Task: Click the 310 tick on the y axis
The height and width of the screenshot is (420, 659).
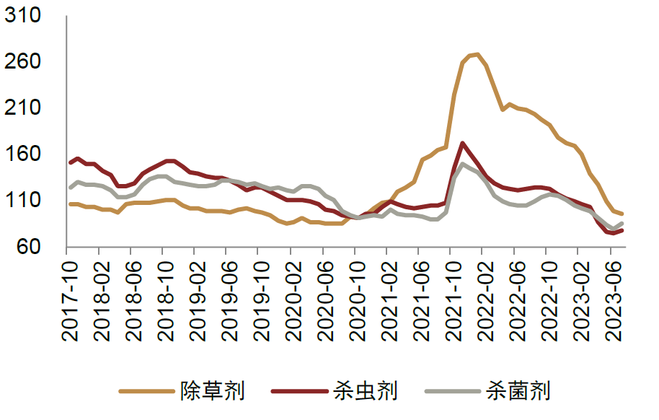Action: [26, 16]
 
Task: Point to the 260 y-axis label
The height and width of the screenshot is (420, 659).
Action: [26, 62]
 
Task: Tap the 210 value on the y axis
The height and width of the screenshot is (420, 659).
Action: [26, 108]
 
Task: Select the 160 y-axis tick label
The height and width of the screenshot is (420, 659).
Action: [26, 154]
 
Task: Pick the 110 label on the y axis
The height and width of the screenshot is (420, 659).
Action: [26, 201]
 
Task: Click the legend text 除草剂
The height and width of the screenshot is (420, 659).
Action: [213, 391]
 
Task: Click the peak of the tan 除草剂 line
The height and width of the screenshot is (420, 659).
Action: [477, 54]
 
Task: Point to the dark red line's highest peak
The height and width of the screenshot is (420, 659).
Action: [462, 143]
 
